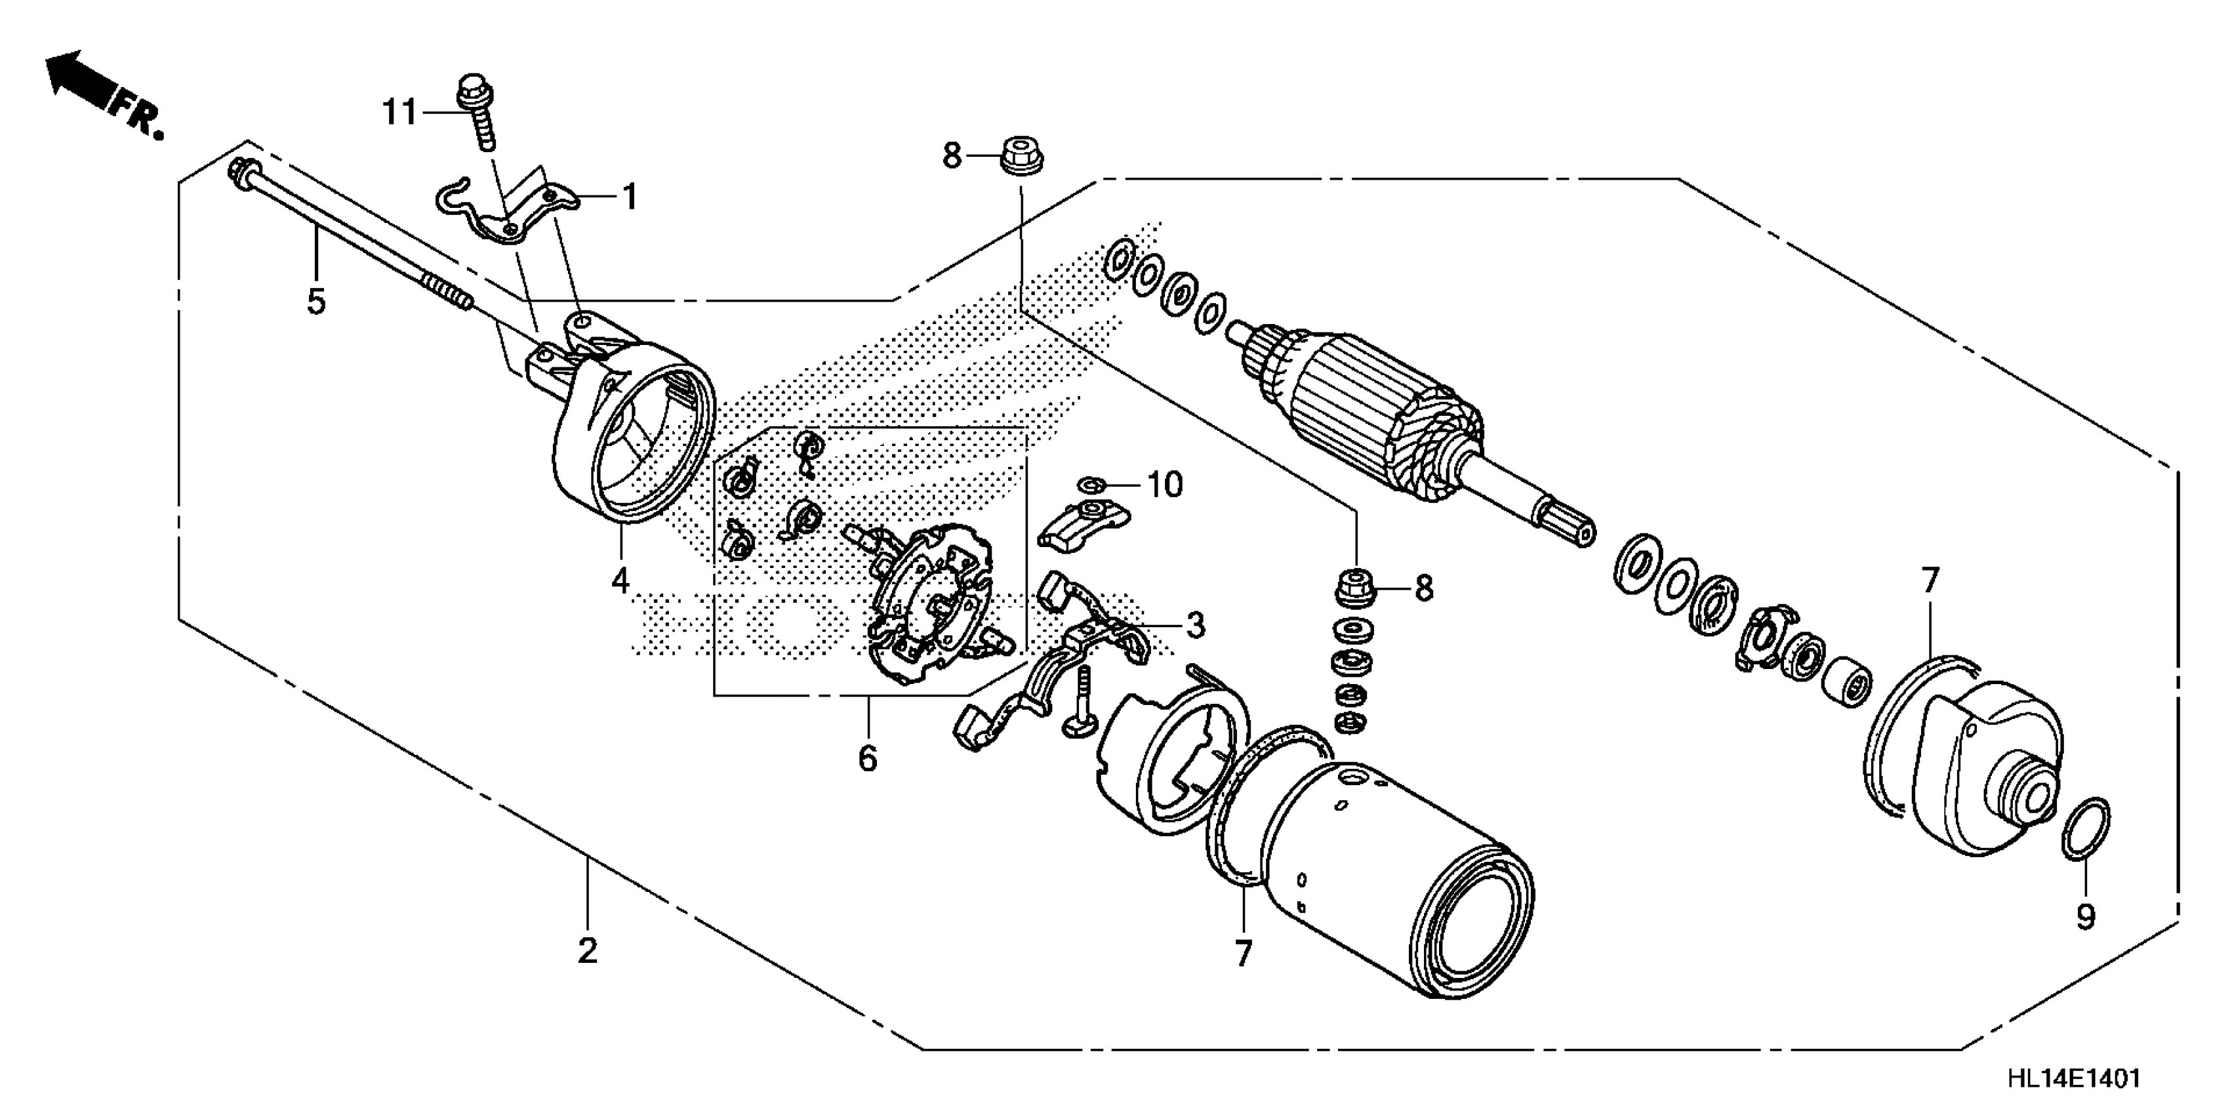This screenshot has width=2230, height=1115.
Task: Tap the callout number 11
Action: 400,113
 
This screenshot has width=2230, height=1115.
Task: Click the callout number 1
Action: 630,197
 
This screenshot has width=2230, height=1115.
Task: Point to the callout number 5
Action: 316,302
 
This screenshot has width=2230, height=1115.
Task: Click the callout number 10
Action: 1166,485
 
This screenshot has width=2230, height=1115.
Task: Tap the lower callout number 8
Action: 1424,589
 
